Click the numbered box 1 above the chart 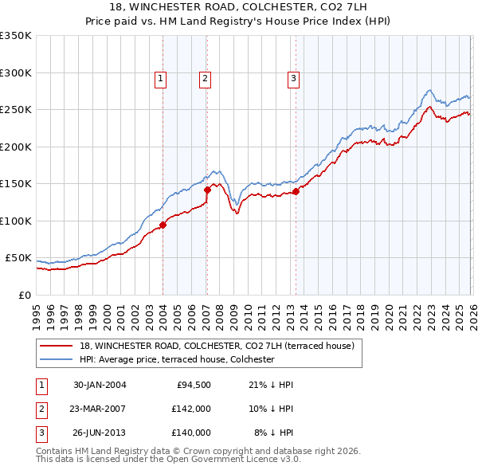(x=161, y=78)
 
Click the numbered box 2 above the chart (x=205, y=78)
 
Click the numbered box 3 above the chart (x=293, y=78)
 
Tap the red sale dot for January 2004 (x=163, y=225)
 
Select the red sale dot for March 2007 (x=207, y=190)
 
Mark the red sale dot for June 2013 (x=296, y=191)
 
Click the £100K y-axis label (x=16, y=221)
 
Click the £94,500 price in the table (x=192, y=385)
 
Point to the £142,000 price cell (x=192, y=409)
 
